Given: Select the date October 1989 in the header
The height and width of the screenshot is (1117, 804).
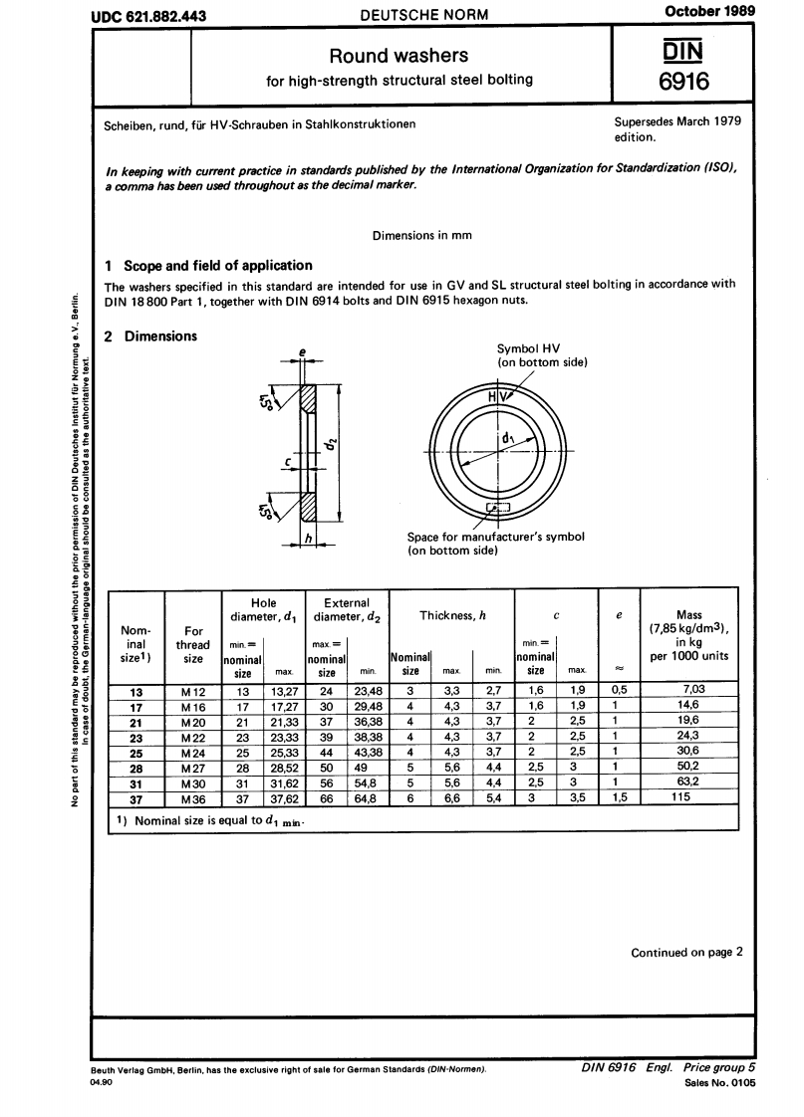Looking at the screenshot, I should pos(708,11).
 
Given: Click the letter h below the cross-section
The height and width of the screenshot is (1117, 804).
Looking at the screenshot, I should pos(310,539).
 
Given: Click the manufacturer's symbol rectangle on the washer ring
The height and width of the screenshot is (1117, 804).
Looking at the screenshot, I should pos(496,509).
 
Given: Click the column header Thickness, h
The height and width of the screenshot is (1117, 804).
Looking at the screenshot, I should pos(451,615).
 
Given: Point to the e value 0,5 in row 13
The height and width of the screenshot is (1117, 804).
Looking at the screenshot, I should pos(619,692).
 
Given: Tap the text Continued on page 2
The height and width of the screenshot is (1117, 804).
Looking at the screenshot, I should pos(686,952).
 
